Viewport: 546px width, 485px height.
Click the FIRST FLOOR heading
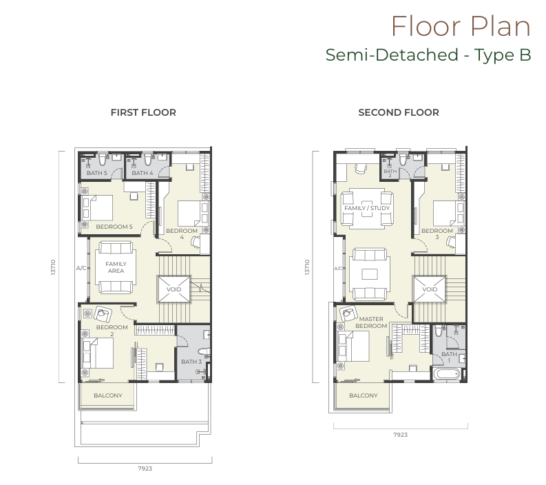(143, 112)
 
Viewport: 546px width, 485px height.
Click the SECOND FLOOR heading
(399, 112)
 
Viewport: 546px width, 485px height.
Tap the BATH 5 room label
(97, 173)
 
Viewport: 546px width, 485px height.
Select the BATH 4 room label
(142, 173)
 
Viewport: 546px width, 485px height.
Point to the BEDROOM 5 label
(114, 227)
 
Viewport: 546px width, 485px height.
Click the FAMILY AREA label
(116, 267)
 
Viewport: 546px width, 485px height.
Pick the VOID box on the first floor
(174, 289)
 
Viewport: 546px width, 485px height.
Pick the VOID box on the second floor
(430, 289)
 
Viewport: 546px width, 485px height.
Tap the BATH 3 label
(191, 362)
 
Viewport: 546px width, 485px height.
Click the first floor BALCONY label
(108, 395)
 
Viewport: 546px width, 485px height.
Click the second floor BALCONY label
(363, 395)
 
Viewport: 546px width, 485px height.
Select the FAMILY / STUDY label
(367, 208)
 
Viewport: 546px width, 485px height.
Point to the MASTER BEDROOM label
(371, 322)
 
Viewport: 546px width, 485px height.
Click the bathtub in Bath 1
(446, 375)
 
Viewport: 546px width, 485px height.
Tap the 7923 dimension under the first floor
(145, 468)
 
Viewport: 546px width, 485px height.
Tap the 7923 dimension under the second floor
(401, 435)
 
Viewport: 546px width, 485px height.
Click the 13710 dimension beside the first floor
(53, 267)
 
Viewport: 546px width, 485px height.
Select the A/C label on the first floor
(81, 268)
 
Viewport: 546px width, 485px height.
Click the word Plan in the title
(501, 26)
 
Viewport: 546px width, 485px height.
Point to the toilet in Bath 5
(103, 159)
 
